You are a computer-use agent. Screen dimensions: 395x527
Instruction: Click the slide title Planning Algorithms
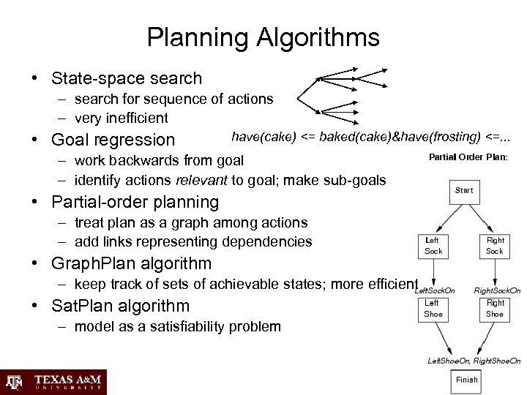pos(263,37)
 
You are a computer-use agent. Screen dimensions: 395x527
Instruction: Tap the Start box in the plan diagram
pos(464,190)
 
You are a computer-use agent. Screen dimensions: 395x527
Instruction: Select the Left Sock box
pos(433,245)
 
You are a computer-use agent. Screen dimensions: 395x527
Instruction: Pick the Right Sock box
pos(496,245)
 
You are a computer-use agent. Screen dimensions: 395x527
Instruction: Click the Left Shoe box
pos(433,308)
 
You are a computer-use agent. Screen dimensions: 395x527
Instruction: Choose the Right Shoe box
pos(496,308)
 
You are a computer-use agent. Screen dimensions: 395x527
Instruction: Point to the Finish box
pos(466,380)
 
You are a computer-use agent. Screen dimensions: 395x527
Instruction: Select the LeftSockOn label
pos(435,290)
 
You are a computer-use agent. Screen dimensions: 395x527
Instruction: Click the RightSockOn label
pos(497,290)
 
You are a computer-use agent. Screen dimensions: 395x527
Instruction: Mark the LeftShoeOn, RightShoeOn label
pos(474,361)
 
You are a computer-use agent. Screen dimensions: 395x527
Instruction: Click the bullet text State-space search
pos(126,78)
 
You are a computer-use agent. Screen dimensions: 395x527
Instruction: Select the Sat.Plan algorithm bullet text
pos(120,306)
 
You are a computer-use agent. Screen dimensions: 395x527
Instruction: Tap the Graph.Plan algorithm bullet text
pos(131,263)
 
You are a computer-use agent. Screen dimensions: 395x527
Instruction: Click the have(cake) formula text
pos(371,136)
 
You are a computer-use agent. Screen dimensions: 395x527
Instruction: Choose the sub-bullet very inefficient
pos(121,117)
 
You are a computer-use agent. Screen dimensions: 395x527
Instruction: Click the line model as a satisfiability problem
pos(177,326)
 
